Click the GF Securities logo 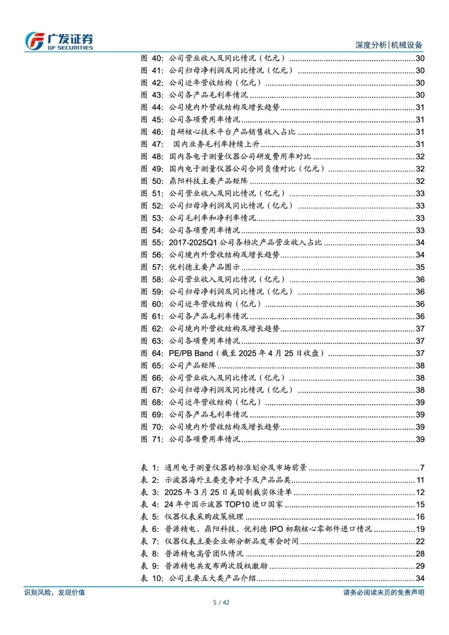59,41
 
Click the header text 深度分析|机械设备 388,45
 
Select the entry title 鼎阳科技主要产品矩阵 208,181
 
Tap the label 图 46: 152,132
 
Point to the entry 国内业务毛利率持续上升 216,144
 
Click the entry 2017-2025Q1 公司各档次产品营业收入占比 245,242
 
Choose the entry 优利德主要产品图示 204,267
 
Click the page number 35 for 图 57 420,267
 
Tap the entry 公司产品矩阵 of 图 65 192,366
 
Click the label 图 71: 152,440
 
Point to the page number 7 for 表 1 422,468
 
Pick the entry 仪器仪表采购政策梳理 204,517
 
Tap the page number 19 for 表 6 420,529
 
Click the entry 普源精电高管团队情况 204,554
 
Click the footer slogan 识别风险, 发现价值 54,592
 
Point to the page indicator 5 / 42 221,603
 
